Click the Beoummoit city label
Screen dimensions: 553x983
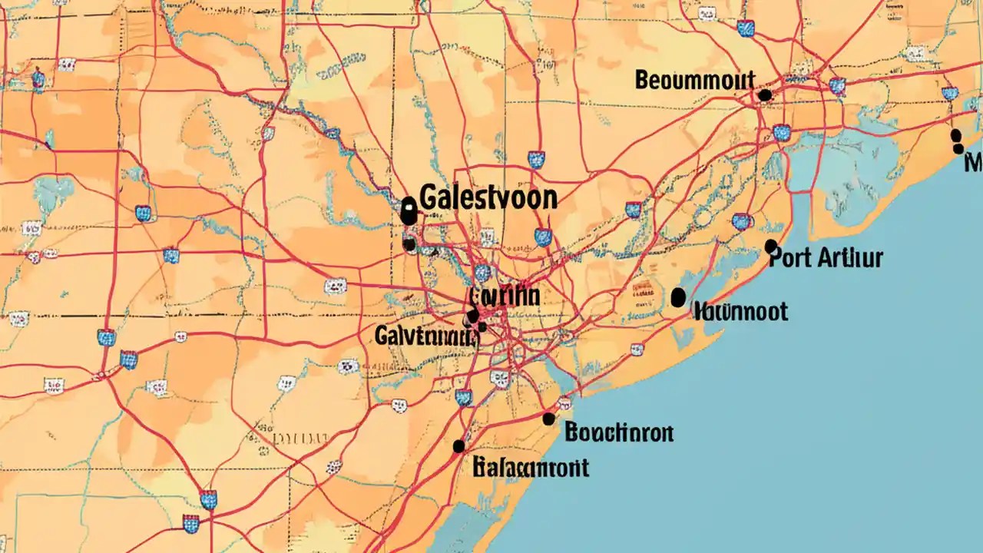click(x=695, y=80)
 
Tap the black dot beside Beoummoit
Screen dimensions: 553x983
click(x=764, y=95)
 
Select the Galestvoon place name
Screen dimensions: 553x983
click(x=489, y=197)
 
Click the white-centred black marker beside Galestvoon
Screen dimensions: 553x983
click(x=409, y=208)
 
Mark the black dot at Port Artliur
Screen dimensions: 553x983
click(x=770, y=245)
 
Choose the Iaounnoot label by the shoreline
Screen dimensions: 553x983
click(x=740, y=311)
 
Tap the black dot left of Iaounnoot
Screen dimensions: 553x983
click(x=677, y=297)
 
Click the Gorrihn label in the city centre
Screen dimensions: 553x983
click(x=503, y=296)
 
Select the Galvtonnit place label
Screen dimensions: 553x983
click(x=424, y=335)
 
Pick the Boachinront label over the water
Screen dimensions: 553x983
click(x=618, y=433)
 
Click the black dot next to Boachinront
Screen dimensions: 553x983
click(x=548, y=419)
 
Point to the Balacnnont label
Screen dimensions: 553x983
click(x=531, y=466)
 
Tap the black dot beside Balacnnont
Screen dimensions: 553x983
click(x=459, y=446)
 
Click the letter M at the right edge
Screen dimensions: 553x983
click(x=974, y=161)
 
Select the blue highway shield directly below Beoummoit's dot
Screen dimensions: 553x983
click(x=781, y=133)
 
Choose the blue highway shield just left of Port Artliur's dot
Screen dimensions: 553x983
click(x=741, y=222)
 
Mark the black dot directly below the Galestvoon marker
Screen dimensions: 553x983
click(x=409, y=245)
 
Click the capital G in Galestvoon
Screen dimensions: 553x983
click(x=432, y=197)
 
